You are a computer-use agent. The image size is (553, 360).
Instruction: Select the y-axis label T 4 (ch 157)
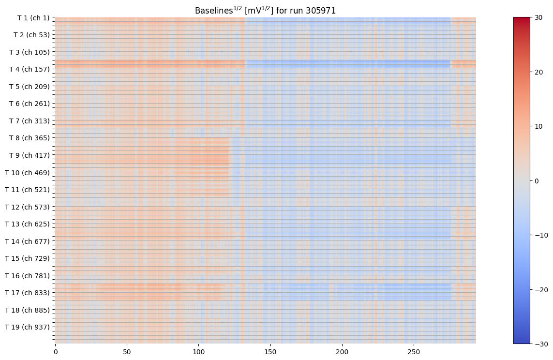[29, 69]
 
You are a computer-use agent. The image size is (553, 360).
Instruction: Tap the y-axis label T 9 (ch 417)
[29, 155]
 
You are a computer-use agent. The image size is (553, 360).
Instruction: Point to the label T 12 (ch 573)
[27, 207]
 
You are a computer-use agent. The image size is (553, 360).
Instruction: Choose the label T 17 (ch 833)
[27, 293]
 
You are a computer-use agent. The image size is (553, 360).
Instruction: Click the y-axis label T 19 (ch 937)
[27, 327]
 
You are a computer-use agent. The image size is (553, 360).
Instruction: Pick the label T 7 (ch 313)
[29, 121]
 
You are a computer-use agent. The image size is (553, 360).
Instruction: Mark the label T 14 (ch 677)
[27, 241]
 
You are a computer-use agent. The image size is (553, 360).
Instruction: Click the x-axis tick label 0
[55, 350]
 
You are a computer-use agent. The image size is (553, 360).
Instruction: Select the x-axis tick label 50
[127, 350]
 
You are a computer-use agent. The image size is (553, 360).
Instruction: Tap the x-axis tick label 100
[199, 350]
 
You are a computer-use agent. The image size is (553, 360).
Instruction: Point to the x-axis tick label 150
[270, 350]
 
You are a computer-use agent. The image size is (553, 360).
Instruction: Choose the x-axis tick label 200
[342, 350]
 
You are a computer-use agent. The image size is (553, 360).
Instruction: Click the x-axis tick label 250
[414, 350]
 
